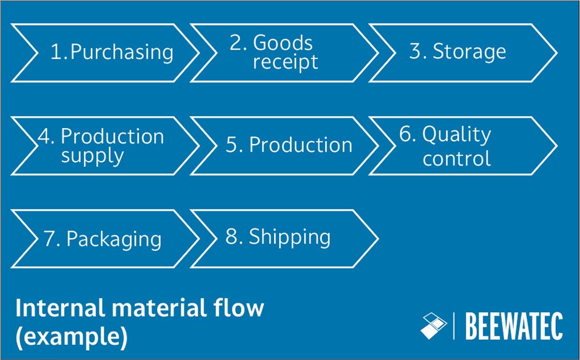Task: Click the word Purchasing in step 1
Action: (122, 52)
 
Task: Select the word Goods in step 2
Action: (283, 43)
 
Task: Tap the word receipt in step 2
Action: (285, 62)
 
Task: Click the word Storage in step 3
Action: (469, 51)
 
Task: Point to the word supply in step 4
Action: (92, 156)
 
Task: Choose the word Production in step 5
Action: (300, 145)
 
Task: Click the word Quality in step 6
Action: (457, 135)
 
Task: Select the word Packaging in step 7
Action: (114, 239)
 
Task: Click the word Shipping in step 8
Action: (290, 237)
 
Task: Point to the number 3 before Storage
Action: (415, 51)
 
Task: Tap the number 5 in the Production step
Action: (232, 145)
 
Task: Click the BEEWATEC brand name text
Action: (514, 326)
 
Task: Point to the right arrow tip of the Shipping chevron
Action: (377, 238)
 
